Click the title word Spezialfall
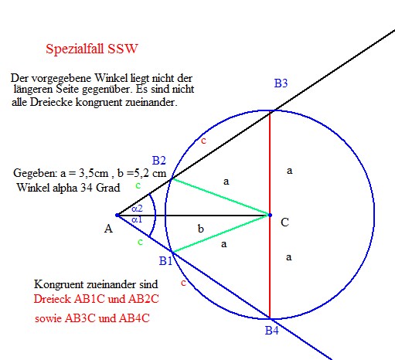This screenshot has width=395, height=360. coord(75,49)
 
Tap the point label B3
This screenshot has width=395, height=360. coord(281,83)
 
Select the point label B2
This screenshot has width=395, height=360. coord(158,161)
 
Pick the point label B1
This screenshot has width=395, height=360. coord(165,261)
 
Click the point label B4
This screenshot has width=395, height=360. coord(272,331)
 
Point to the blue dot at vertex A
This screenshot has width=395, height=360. coord(117,215)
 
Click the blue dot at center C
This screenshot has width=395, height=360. coord(270,215)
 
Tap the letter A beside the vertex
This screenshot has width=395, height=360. coord(108,229)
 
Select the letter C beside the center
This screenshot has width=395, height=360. coord(284,222)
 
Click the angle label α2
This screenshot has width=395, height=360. coord(137,209)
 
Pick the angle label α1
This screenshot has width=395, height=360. coord(137,219)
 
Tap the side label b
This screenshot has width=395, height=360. coord(200,229)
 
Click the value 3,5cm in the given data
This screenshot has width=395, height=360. coord(94,173)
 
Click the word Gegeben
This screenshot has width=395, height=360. coord(36,173)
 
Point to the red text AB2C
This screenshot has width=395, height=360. coord(144,299)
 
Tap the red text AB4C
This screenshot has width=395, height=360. coord(135,318)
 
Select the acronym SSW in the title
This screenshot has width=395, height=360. coord(123,49)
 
